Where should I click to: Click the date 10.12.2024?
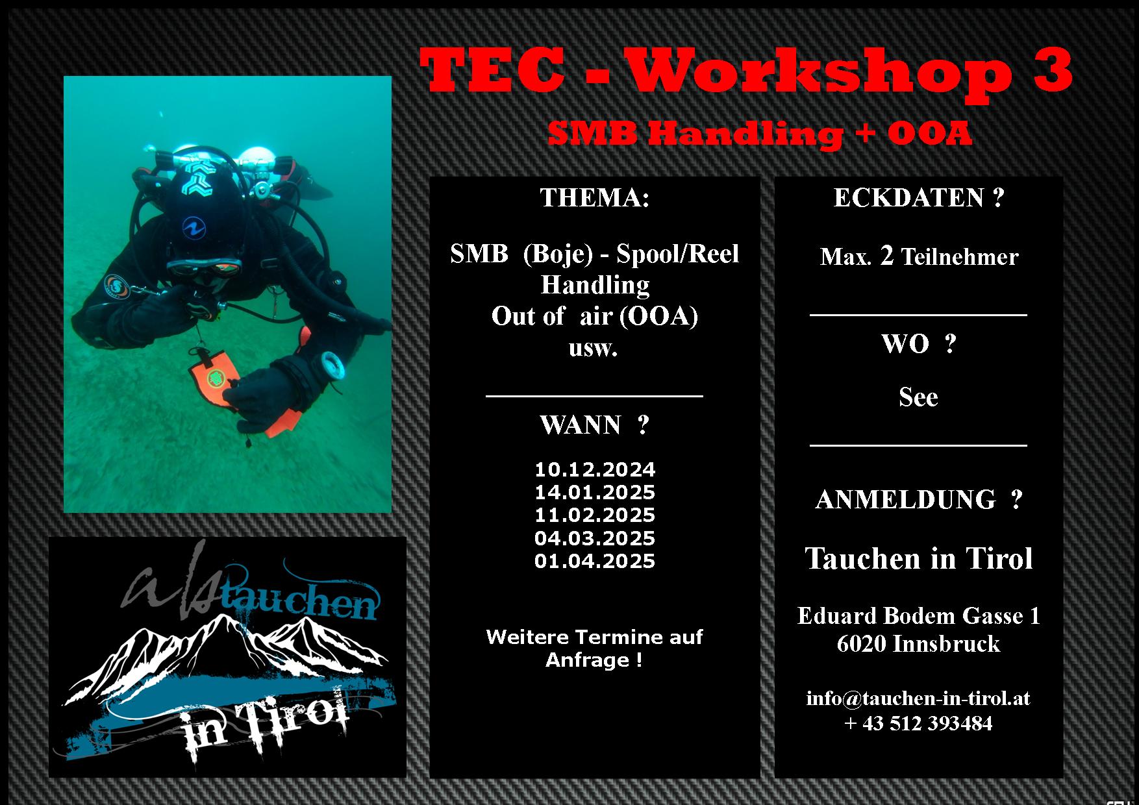[x=595, y=469]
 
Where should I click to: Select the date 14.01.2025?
[x=595, y=492]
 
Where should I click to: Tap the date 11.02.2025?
[x=595, y=515]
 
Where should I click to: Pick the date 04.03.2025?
[x=595, y=538]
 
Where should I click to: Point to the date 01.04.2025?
[x=595, y=561]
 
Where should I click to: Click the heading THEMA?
[x=595, y=198]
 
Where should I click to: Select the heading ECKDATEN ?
[x=919, y=198]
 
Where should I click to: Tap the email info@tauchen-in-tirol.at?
[x=918, y=698]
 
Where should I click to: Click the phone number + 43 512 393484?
[x=918, y=723]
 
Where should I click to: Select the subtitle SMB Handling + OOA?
[x=760, y=134]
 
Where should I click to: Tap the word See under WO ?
[x=918, y=397]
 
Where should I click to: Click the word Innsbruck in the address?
[x=946, y=644]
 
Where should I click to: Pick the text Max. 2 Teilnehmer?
[x=919, y=257]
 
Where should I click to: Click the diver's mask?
[x=204, y=267]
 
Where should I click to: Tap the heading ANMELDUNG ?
[x=919, y=500]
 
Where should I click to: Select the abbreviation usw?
[x=593, y=349]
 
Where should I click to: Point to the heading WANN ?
[x=595, y=425]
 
